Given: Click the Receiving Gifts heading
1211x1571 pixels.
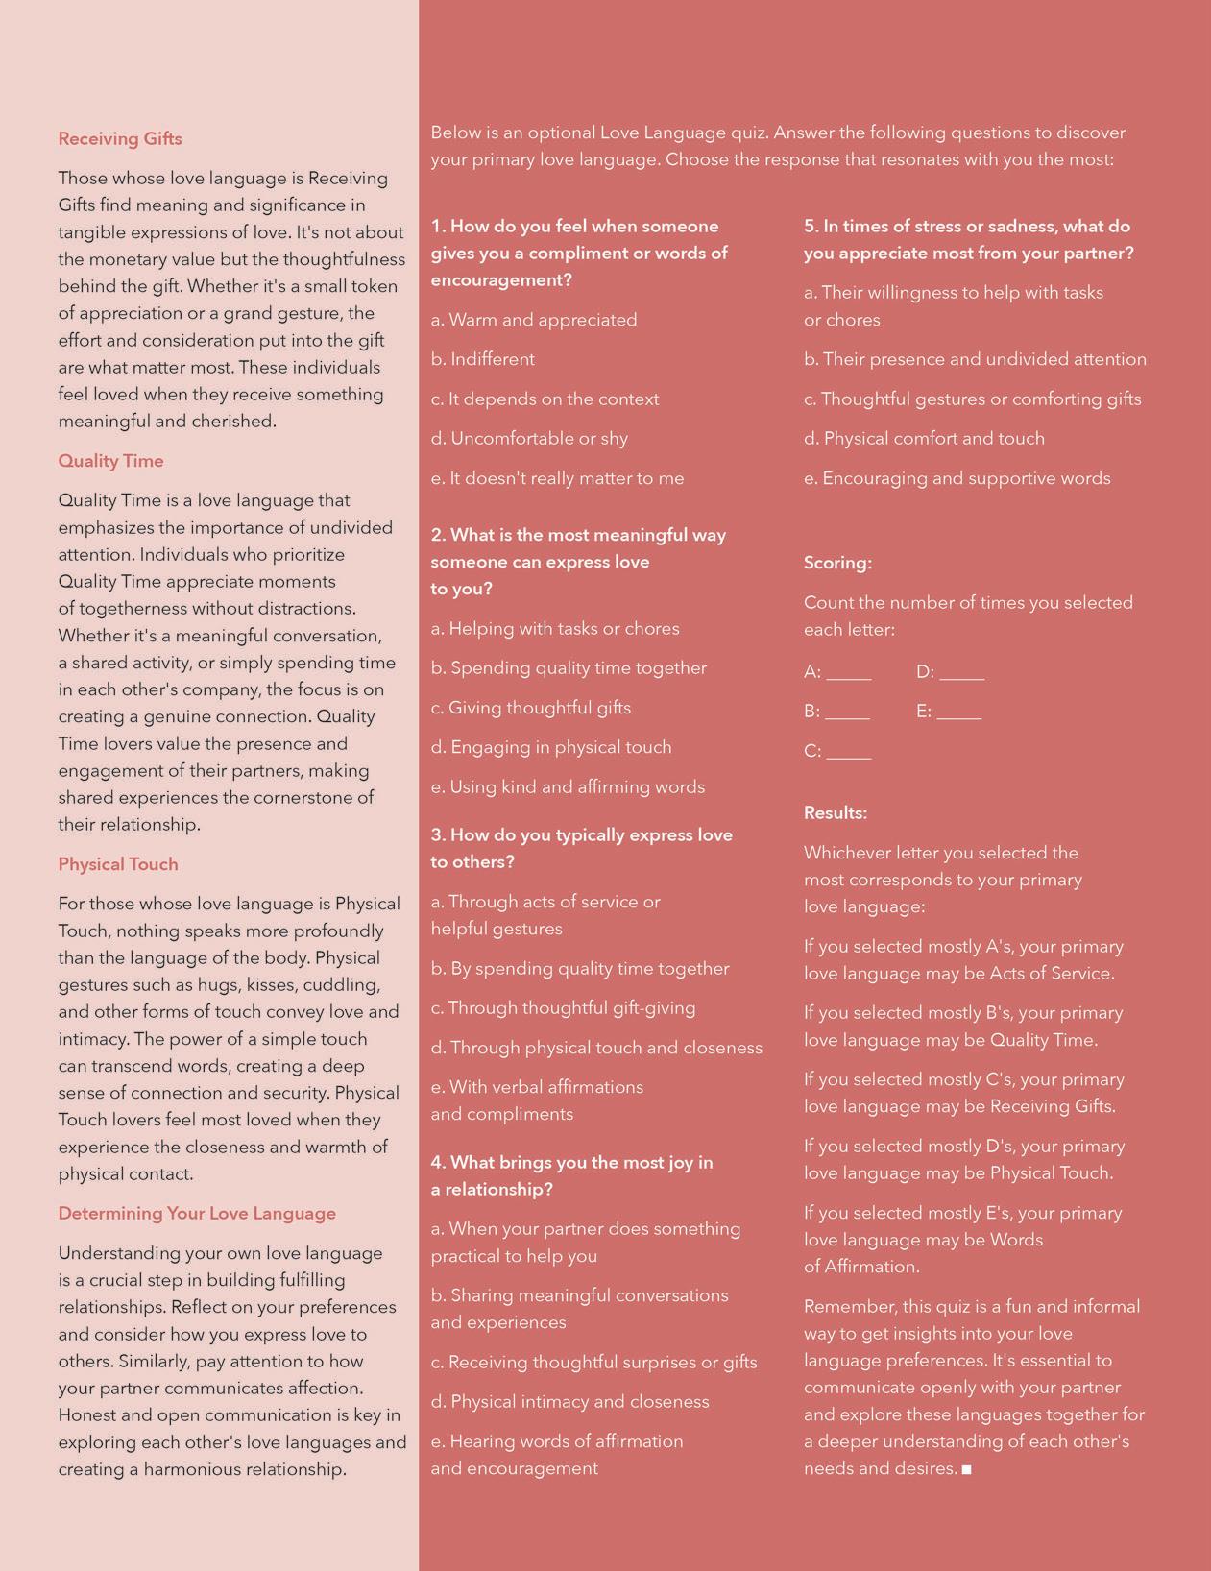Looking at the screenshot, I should tap(120, 139).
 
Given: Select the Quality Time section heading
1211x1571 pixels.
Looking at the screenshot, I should tap(110, 461).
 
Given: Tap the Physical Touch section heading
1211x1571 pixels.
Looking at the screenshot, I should tap(118, 864).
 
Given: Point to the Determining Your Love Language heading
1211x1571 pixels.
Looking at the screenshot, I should tap(197, 1214).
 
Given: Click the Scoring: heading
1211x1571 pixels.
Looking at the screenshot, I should tap(837, 564).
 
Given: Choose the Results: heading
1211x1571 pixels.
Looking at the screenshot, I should tap(836, 813).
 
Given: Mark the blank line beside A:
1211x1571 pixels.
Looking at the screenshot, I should tap(849, 676).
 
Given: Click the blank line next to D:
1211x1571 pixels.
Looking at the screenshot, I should tap(962, 676).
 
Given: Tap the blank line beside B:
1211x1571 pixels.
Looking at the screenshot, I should tap(847, 715).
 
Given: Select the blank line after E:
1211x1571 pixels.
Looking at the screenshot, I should tap(959, 715).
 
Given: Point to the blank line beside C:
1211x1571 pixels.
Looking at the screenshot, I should tap(849, 756).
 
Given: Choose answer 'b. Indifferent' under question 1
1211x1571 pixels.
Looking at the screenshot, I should tap(483, 360).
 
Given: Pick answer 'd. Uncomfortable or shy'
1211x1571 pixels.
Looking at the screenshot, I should tap(529, 439).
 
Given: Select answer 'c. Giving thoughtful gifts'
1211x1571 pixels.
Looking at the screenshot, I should tap(531, 709).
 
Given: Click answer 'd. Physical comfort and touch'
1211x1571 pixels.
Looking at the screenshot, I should tap(924, 439).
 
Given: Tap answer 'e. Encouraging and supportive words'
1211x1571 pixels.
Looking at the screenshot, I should tap(957, 479).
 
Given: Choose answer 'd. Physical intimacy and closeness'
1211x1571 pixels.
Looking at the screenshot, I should tap(569, 1402).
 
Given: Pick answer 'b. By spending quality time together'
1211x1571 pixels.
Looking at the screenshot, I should tap(580, 969).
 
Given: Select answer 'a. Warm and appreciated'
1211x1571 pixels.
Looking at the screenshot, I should tap(534, 320).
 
